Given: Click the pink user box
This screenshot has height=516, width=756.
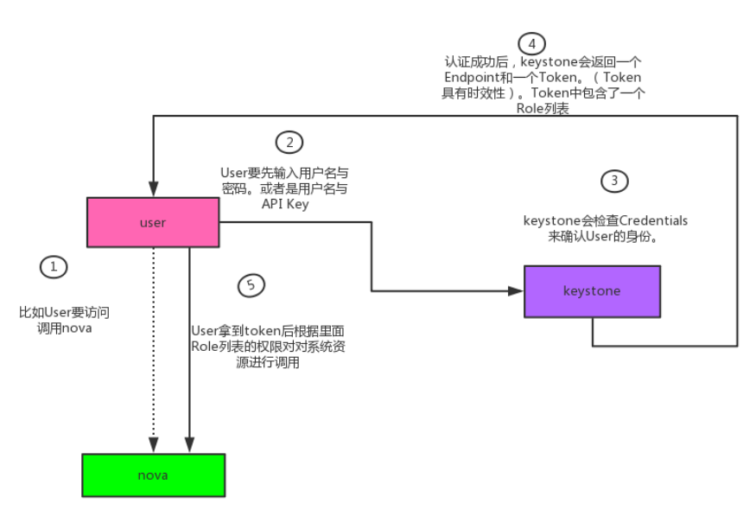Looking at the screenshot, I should tap(152, 222).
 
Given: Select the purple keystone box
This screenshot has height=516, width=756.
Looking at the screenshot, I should tap(591, 291).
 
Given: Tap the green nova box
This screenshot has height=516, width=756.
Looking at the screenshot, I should tap(153, 475).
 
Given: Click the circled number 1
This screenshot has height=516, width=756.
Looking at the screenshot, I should tap(54, 267).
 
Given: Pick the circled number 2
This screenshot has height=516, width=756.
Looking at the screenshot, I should tap(289, 143).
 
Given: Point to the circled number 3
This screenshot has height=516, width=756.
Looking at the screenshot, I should tap(613, 181).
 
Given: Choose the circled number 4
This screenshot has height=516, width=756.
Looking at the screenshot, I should tap(531, 42).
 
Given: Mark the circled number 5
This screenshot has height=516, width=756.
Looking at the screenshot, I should tap(250, 285).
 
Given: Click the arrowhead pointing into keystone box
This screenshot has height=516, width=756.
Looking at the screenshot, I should tap(518, 291).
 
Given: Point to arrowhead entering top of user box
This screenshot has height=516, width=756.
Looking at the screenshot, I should tap(153, 190).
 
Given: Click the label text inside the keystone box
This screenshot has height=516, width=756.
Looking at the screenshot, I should tap(591, 291).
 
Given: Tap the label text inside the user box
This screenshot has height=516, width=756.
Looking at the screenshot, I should tap(152, 222).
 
